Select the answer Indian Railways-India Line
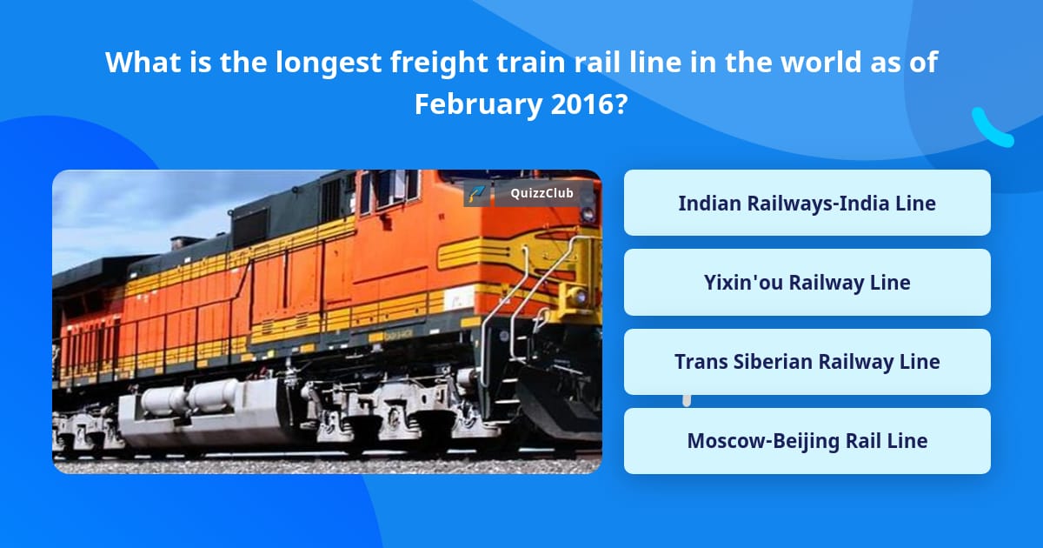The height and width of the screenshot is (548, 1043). pyautogui.click(x=807, y=204)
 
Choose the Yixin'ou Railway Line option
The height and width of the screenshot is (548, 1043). pyautogui.click(x=807, y=283)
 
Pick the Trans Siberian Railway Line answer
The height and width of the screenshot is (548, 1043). pyautogui.click(x=807, y=362)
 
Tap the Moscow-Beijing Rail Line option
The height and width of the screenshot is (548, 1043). pyautogui.click(x=807, y=441)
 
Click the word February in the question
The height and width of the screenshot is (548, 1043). pyautogui.click(x=478, y=104)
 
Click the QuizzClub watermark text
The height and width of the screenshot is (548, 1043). pyautogui.click(x=542, y=194)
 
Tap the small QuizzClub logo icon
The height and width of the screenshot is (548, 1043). pyautogui.click(x=476, y=194)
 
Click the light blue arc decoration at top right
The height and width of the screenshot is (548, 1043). pyautogui.click(x=992, y=129)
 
